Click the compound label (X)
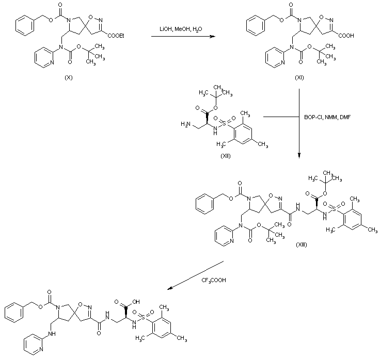[x=68, y=77]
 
